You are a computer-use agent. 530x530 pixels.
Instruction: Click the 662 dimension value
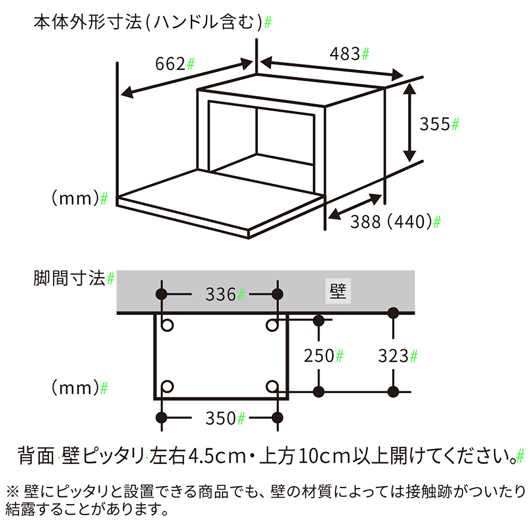[171, 64]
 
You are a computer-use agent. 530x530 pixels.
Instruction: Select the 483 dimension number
[345, 54]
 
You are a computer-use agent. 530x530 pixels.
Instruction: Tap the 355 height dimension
[435, 124]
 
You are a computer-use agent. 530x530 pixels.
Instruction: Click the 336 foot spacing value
[220, 294]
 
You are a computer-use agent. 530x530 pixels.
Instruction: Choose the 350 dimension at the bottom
[220, 419]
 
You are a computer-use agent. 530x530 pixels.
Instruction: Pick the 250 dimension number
[319, 356]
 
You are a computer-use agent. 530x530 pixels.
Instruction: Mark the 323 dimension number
[393, 356]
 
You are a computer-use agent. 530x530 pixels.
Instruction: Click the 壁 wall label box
[338, 290]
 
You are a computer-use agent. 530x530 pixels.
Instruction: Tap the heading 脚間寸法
[69, 279]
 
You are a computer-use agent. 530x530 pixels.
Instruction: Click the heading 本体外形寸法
[88, 23]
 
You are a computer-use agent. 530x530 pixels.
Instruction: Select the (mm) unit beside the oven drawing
[75, 198]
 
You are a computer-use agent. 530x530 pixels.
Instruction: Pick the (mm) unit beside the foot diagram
[75, 388]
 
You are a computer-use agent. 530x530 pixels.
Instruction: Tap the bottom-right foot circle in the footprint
[272, 386]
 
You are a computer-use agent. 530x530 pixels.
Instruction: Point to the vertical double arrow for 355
[410, 122]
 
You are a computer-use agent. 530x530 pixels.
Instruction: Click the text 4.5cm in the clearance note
[217, 456]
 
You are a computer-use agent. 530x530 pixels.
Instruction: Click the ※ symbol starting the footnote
[13, 492]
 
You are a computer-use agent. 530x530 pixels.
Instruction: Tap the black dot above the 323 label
[393, 313]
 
